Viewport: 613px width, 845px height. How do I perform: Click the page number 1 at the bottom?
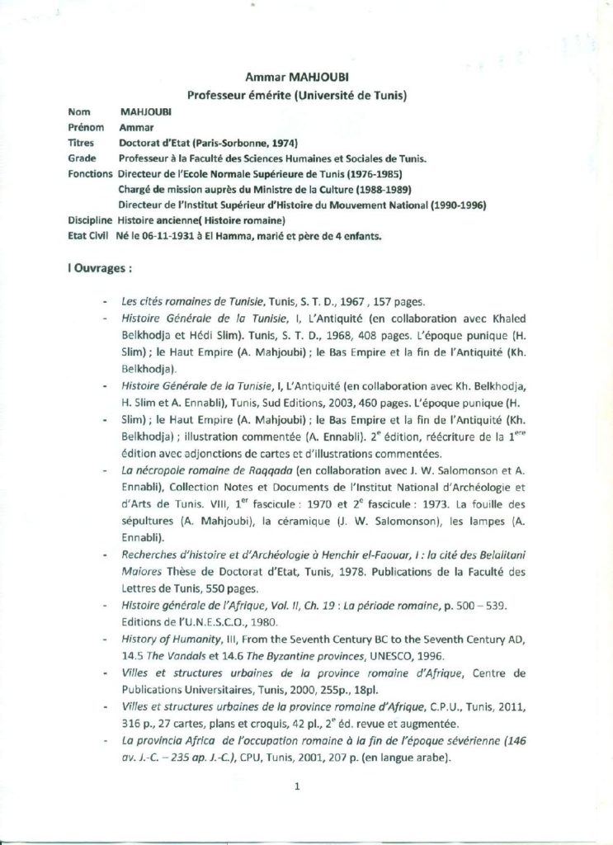click(295, 786)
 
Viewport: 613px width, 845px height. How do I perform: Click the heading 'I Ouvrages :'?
click(100, 268)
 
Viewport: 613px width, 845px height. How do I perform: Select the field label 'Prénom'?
click(83, 128)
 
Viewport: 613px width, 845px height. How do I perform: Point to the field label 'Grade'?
click(80, 158)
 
